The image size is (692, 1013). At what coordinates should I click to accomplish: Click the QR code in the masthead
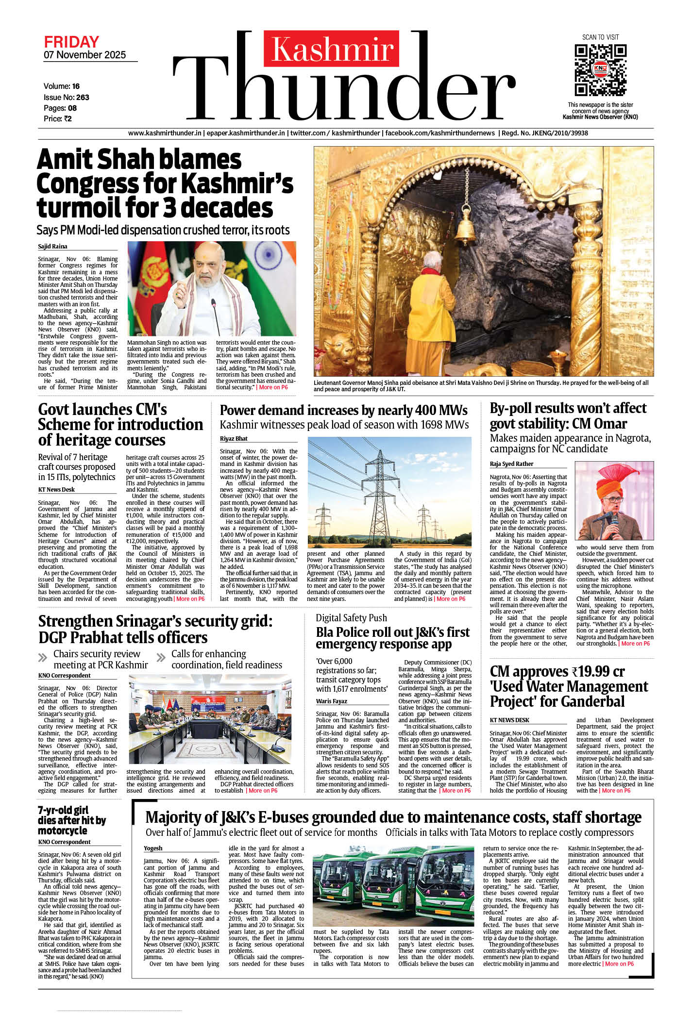[600, 70]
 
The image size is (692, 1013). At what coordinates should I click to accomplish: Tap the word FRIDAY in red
[71, 42]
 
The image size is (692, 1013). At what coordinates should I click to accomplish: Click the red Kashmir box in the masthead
[332, 49]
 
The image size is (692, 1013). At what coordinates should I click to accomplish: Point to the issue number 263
[83, 97]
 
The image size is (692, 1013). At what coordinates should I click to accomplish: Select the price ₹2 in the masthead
[68, 119]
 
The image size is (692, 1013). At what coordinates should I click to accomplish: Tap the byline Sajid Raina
[52, 247]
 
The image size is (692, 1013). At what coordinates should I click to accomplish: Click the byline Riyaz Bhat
[234, 439]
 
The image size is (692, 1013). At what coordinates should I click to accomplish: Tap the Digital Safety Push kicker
[351, 618]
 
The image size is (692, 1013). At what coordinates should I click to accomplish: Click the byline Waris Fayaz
[332, 701]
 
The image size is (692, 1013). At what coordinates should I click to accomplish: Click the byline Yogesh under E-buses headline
[153, 848]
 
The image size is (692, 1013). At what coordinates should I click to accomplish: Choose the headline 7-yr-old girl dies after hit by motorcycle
[71, 820]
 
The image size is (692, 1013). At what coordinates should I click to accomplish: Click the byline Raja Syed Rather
[511, 464]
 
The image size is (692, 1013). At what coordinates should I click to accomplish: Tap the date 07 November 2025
[84, 55]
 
